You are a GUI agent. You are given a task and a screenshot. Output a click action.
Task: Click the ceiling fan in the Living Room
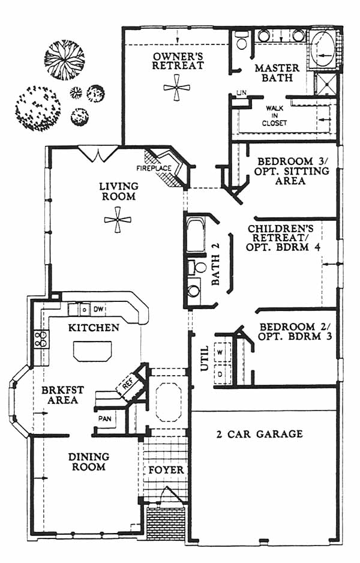(117, 220)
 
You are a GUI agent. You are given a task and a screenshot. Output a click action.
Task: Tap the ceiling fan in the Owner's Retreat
(177, 88)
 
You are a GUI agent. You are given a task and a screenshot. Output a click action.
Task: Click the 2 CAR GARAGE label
(259, 434)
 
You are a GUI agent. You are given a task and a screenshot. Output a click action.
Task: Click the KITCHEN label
(93, 328)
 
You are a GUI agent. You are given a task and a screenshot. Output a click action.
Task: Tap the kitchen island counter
(92, 351)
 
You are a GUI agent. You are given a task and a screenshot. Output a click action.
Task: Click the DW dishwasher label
(100, 309)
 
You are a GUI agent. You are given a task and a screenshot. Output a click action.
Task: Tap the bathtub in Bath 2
(196, 235)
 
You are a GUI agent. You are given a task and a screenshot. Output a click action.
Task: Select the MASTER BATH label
(273, 73)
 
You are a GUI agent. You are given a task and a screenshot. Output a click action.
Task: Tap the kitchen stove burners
(41, 339)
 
